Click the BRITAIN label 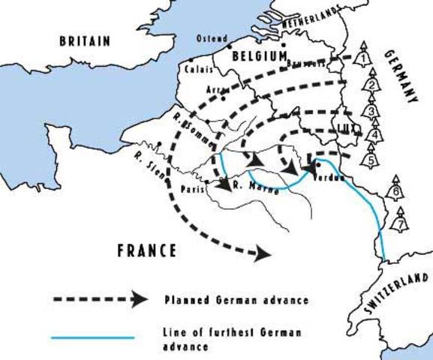tap(85, 40)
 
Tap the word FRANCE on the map tap(146, 249)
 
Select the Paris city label tap(193, 189)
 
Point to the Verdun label tap(329, 177)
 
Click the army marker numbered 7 tap(401, 223)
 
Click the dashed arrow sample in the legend tap(98, 299)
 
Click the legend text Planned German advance tap(236, 300)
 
